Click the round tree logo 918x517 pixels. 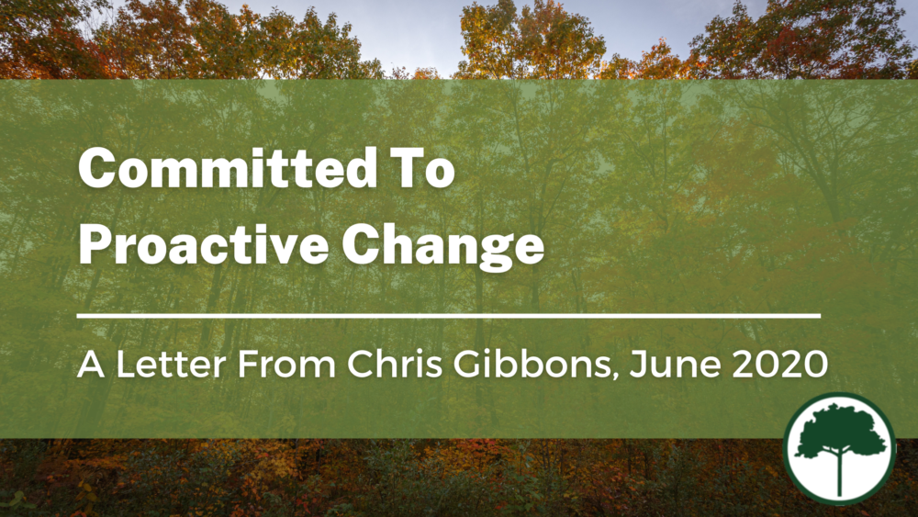pos(839,449)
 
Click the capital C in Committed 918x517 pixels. pos(96,170)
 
